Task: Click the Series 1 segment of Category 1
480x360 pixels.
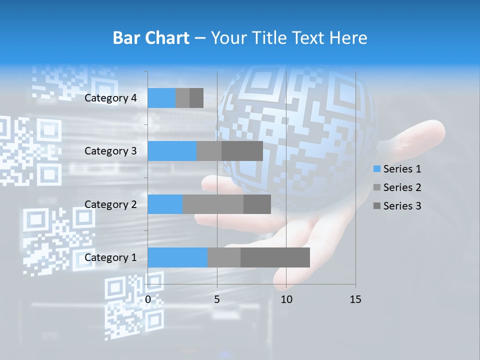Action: coord(177,257)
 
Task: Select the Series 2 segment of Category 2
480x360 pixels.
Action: coord(213,204)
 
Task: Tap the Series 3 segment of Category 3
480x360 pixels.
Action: coord(242,151)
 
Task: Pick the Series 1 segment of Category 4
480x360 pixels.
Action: coord(161,98)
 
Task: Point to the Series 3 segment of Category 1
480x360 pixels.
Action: coord(275,257)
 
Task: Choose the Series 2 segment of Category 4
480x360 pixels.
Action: coord(182,98)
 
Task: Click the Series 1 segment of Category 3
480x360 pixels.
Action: coord(172,151)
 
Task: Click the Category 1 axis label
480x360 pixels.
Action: coord(110,257)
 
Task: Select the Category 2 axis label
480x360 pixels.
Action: coord(110,204)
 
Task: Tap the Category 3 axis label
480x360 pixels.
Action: coord(110,151)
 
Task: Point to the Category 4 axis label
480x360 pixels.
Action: coord(110,98)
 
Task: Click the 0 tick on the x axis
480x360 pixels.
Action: coord(148,299)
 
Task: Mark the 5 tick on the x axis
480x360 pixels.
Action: coord(217,299)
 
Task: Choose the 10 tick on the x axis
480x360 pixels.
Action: coord(286,299)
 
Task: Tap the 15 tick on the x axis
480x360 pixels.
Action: coord(355,299)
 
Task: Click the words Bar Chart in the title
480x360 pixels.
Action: coord(151,38)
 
